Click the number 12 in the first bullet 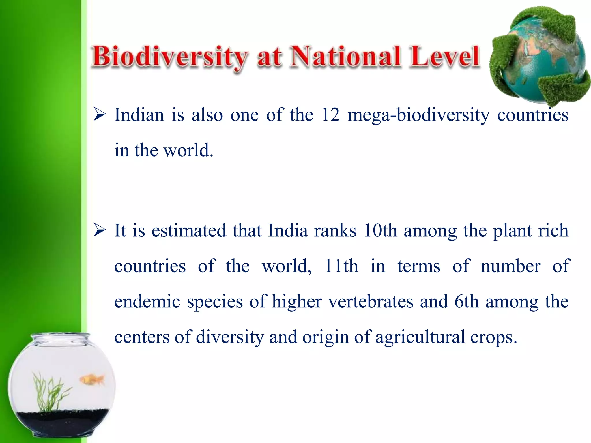pos(330,115)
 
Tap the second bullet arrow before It pos(100,231)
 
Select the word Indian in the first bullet pos(139,115)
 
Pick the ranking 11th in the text pos(341,266)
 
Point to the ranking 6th pos(466,301)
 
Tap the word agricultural pos(420,337)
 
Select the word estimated pos(189,231)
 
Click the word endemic pos(147,301)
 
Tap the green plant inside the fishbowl pos(48,392)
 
